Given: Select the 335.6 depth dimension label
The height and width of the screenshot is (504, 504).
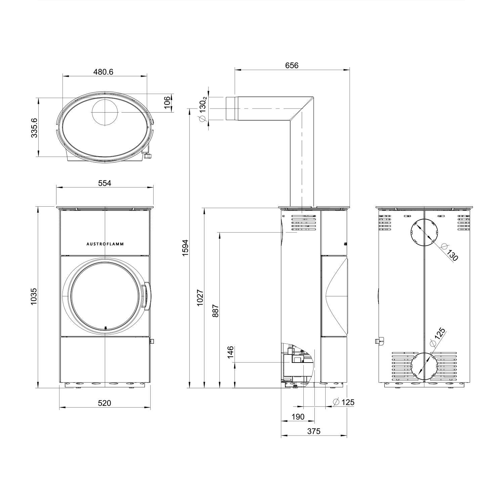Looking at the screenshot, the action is click(34, 128).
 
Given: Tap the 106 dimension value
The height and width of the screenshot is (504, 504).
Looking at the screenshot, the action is click(167, 102).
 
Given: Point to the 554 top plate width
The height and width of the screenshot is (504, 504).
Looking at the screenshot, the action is click(104, 183).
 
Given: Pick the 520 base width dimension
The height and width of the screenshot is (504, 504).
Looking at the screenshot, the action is click(104, 403).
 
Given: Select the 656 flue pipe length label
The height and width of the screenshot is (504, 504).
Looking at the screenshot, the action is click(292, 66).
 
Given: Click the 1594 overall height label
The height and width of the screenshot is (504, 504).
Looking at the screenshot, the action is click(186, 248).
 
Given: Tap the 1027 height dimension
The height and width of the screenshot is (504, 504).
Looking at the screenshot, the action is click(200, 297).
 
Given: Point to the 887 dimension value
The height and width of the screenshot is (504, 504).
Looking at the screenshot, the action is click(215, 311).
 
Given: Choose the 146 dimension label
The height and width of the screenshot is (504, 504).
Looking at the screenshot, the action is click(230, 352).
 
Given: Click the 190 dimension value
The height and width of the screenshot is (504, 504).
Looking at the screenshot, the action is click(298, 417).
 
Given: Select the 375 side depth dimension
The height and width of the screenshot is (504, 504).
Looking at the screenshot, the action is click(314, 431).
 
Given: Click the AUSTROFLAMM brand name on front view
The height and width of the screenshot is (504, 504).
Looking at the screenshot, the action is click(105, 244).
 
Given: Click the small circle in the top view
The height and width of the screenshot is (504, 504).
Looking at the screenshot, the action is click(105, 112).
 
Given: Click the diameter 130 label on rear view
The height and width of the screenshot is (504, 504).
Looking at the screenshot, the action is click(450, 253).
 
